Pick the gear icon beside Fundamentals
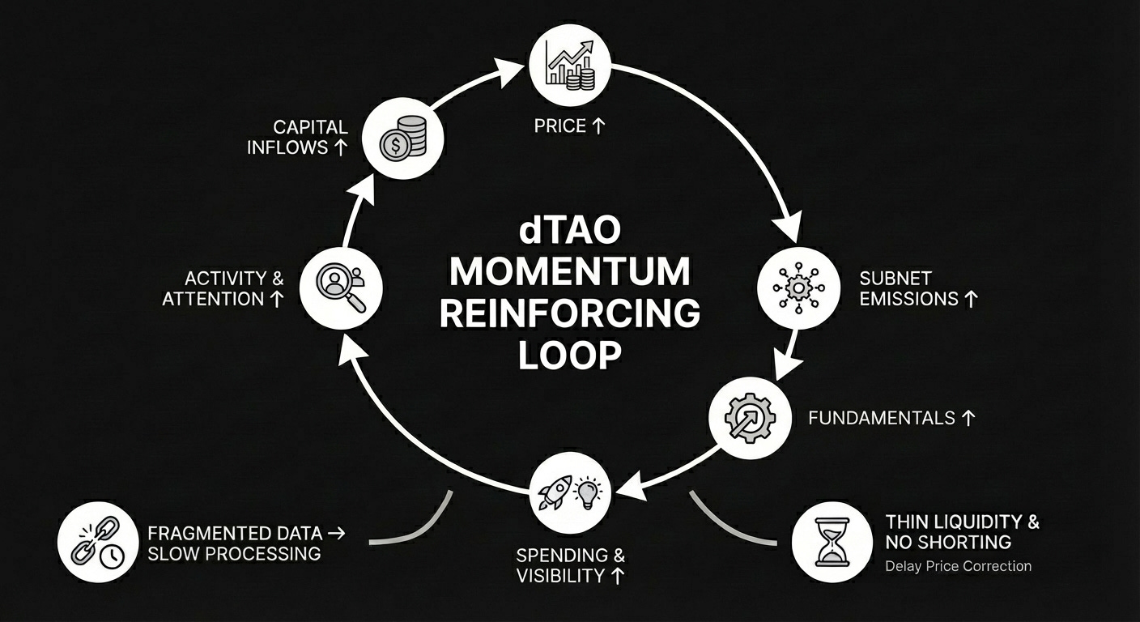pos(750,418)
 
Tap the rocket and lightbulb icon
pos(570,492)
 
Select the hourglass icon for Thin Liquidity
pos(831,541)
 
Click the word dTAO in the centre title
pos(570,229)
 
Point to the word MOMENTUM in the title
pos(570,271)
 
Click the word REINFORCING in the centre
pos(570,314)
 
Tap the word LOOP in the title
pos(570,356)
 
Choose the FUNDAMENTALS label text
pos(882,418)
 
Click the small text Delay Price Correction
pos(959,566)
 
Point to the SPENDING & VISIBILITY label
pos(570,565)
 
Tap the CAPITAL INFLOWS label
pos(299,137)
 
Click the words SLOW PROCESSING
pos(234,554)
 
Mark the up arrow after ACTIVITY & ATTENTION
pos(276,299)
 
